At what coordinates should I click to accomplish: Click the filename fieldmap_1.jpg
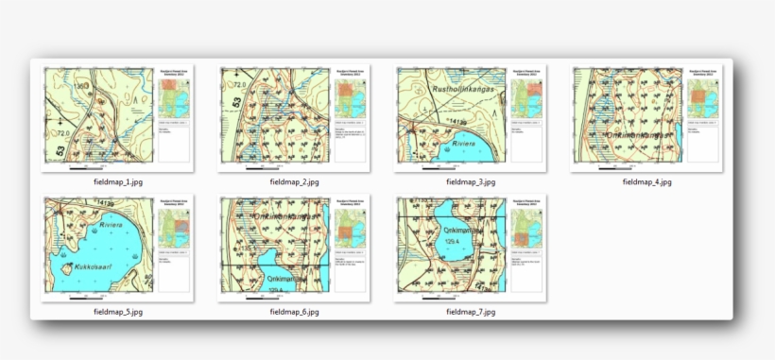117,181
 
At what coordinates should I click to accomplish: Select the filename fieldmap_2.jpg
294,181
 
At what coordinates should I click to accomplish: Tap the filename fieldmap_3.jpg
471,181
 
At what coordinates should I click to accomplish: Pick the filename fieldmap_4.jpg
646,181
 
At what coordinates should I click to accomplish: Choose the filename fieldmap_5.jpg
117,311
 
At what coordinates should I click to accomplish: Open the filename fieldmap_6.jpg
294,311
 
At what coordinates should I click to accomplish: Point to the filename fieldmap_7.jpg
471,311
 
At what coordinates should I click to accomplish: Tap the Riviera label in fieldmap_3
469,146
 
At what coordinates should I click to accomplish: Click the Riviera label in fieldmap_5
112,227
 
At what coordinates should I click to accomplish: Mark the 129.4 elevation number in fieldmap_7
451,242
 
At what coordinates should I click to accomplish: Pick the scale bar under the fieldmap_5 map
85,299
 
